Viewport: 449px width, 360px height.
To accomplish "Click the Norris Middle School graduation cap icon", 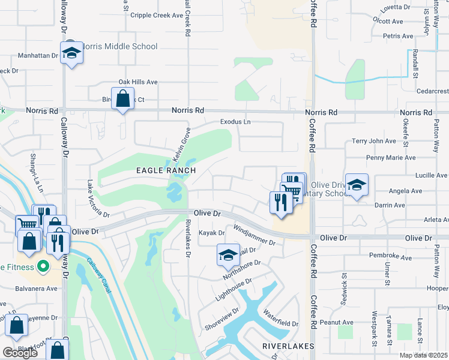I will pos(71,53).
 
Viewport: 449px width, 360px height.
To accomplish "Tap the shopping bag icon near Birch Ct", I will pos(122,98).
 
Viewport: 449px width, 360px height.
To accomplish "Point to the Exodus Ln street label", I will pos(235,121).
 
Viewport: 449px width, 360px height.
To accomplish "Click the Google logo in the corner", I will pos(20,353).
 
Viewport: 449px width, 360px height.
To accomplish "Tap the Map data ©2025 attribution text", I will pos(424,355).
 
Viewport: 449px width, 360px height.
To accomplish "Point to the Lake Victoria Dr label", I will pos(98,199).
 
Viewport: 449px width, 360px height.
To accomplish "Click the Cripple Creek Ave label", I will pos(156,16).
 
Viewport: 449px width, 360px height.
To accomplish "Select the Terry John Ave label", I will pos(374,141).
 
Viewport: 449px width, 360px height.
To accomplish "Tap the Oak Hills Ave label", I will pos(137,82).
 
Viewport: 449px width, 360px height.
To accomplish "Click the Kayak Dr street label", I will pos(211,232).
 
